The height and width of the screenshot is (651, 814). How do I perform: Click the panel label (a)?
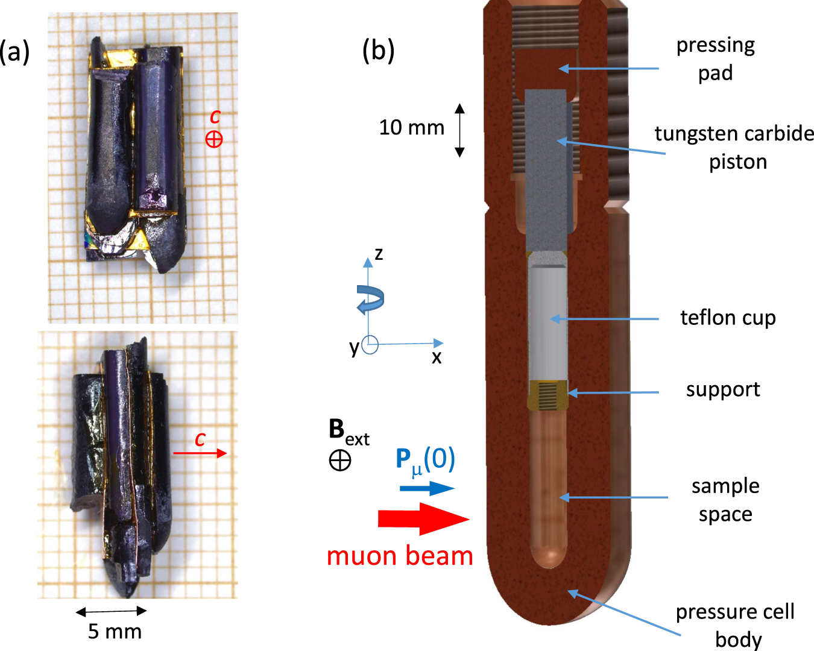(15, 52)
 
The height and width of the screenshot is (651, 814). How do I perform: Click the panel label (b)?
(378, 51)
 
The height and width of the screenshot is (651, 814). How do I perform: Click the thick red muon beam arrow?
(423, 519)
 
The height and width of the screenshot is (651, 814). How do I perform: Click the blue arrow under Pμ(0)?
(426, 488)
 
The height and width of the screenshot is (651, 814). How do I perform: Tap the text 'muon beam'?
(400, 556)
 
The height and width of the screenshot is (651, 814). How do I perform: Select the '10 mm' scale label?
(411, 128)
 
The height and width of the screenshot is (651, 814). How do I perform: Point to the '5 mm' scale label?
(115, 632)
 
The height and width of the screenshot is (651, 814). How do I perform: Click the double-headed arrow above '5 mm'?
(111, 611)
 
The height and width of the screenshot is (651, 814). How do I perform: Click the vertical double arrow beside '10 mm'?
(459, 130)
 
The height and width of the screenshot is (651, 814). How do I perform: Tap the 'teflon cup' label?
(728, 318)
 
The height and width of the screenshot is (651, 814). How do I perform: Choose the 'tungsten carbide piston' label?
(734, 147)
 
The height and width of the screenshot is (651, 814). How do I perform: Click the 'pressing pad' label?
(715, 58)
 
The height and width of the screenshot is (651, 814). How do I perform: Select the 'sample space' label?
(725, 500)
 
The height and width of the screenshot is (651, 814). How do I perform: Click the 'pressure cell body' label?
(735, 624)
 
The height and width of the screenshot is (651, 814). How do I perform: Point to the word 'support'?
(723, 390)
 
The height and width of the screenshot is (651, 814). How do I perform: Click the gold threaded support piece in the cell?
(547, 395)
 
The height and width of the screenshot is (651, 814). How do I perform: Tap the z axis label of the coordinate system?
(379, 254)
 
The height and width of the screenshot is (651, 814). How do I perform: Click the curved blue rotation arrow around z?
(370, 299)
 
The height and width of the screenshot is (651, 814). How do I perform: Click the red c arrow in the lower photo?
(200, 453)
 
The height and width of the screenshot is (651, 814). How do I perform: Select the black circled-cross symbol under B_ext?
(340, 461)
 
